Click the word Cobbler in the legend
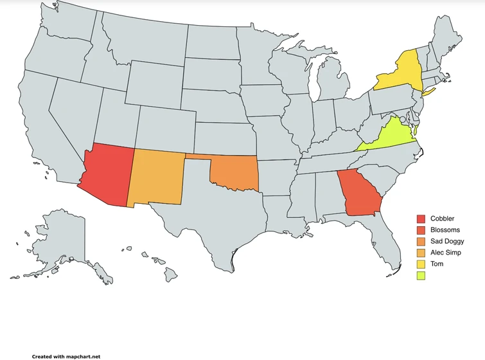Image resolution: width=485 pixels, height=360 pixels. [442, 219]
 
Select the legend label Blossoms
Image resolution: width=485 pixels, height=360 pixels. [445, 230]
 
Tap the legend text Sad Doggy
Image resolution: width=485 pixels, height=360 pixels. [447, 241]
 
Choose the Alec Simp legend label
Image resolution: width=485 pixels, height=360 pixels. [446, 253]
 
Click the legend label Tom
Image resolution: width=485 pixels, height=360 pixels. [436, 264]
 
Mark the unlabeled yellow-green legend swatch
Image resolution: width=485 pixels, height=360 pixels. [421, 275]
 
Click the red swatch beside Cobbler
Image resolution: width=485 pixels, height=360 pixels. [421, 219]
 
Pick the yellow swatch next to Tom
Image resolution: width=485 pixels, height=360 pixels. [421, 264]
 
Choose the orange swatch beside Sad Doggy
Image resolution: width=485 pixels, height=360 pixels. [421, 241]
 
